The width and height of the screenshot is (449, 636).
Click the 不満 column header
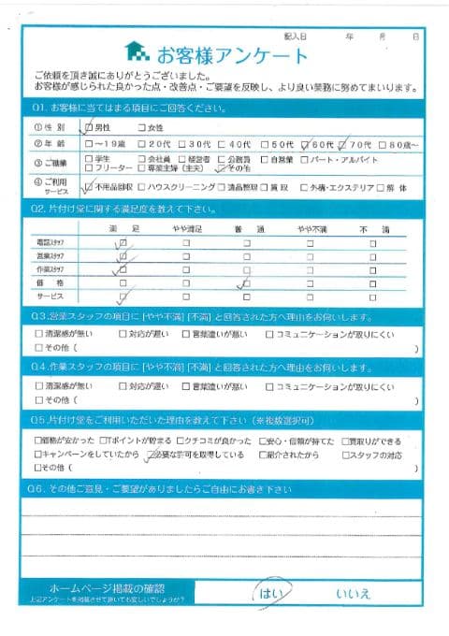(371, 227)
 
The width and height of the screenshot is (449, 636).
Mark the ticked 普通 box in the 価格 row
(246, 282)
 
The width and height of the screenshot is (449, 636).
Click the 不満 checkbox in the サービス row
(371, 296)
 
